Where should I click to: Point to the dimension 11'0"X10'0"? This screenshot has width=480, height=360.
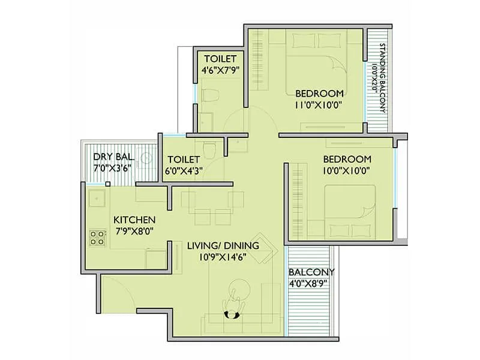319,106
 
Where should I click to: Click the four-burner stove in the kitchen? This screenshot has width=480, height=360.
97,238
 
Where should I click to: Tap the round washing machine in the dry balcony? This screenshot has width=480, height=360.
145,158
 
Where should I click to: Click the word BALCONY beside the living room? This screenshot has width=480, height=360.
311,271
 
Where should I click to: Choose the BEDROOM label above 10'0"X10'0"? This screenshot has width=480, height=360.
347,160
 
